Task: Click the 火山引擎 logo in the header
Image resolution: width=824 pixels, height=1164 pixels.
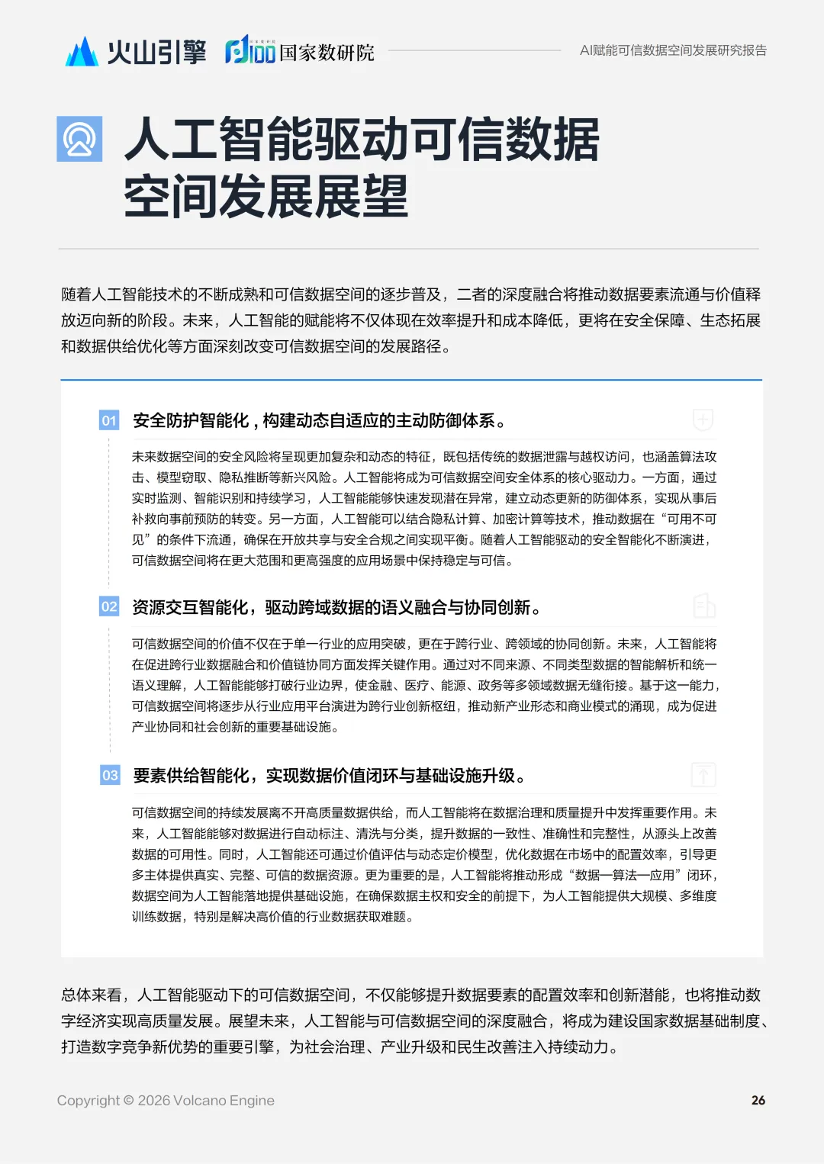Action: point(136,52)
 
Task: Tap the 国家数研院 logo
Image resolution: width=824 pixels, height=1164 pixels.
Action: point(300,51)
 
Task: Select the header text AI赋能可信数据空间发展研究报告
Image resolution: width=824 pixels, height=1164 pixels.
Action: point(673,50)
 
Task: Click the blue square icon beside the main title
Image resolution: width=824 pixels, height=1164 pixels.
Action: point(79,139)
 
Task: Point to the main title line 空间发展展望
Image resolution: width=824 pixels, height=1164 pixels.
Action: point(266,197)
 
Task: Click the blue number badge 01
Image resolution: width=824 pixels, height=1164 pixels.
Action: point(109,420)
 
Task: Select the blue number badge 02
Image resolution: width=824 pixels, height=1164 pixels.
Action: point(109,607)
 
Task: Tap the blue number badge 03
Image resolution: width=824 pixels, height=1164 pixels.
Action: point(110,776)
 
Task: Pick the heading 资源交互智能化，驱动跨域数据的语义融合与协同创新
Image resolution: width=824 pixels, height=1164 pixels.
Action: point(336,607)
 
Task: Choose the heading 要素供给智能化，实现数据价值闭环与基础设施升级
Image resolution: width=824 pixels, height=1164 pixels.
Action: point(329,776)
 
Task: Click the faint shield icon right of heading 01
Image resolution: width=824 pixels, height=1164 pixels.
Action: point(703,420)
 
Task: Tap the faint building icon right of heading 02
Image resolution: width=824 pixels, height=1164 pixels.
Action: point(703,606)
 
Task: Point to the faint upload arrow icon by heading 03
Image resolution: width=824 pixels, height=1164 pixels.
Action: point(703,775)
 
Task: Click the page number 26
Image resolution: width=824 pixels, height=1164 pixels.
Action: point(758,1100)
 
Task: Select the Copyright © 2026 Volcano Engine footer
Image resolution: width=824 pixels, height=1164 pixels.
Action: point(166,1100)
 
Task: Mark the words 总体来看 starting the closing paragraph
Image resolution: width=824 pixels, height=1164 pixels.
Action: point(92,995)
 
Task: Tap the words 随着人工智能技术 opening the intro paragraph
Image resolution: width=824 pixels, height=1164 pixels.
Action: point(122,294)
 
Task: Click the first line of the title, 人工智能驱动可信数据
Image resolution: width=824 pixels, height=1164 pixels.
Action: point(362,140)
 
